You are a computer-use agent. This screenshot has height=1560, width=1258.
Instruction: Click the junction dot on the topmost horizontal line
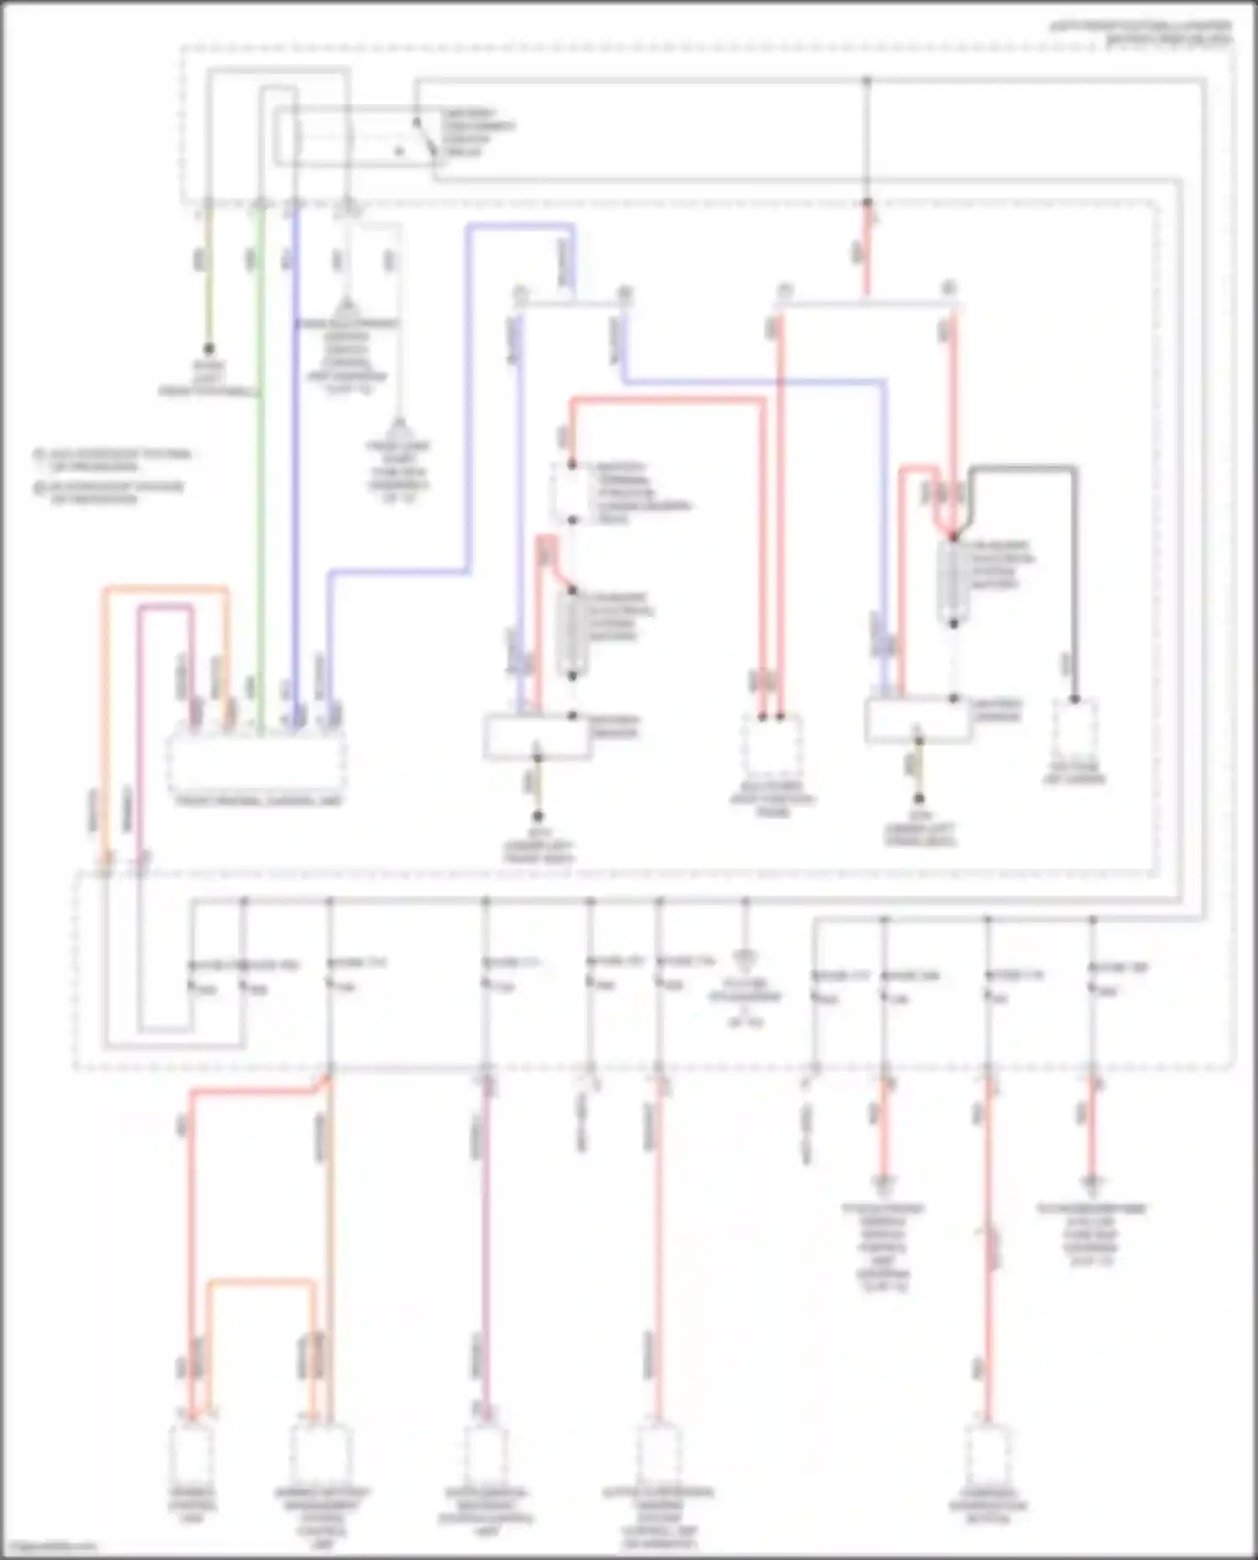867,81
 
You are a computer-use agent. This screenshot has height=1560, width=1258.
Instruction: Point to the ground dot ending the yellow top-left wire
209,349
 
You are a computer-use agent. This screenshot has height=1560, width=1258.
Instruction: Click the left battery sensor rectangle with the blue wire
537,736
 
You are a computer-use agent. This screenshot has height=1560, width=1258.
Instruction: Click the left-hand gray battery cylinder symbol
573,633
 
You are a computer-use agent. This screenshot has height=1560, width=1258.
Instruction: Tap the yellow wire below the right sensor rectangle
918,767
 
